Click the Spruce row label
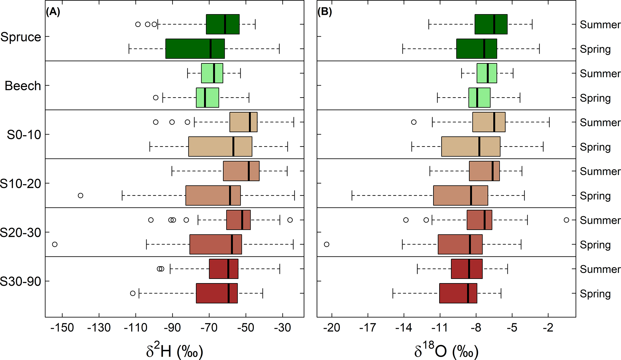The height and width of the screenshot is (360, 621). pyautogui.click(x=21, y=37)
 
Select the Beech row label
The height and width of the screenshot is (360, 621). pyautogui.click(x=23, y=86)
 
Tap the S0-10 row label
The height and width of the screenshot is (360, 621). pyautogui.click(x=24, y=135)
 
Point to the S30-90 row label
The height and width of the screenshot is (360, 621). pyautogui.click(x=20, y=282)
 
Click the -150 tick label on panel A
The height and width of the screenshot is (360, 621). pyautogui.click(x=62, y=327)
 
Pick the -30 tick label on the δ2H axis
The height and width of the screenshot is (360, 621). pyautogui.click(x=282, y=327)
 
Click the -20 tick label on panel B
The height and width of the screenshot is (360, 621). pyautogui.click(x=332, y=327)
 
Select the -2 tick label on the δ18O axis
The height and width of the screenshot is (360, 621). pyautogui.click(x=548, y=327)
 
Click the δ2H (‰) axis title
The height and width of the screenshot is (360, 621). pyautogui.click(x=175, y=350)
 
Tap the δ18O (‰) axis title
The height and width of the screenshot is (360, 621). pyautogui.click(x=446, y=350)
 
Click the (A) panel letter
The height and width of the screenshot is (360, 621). pyautogui.click(x=53, y=12)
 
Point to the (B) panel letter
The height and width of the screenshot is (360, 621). pyautogui.click(x=324, y=12)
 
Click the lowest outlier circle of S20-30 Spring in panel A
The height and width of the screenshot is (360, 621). pyautogui.click(x=55, y=244)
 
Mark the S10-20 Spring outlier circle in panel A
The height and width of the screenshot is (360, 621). pyautogui.click(x=81, y=195)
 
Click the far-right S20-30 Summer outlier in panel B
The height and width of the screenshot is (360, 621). pyautogui.click(x=566, y=220)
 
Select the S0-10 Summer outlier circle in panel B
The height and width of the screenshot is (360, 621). pyautogui.click(x=414, y=122)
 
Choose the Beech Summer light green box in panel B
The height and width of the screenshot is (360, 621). pyautogui.click(x=487, y=73)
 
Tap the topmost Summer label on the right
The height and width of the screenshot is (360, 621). pyautogui.click(x=600, y=25)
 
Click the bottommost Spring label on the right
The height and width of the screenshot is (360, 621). pyautogui.click(x=595, y=294)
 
